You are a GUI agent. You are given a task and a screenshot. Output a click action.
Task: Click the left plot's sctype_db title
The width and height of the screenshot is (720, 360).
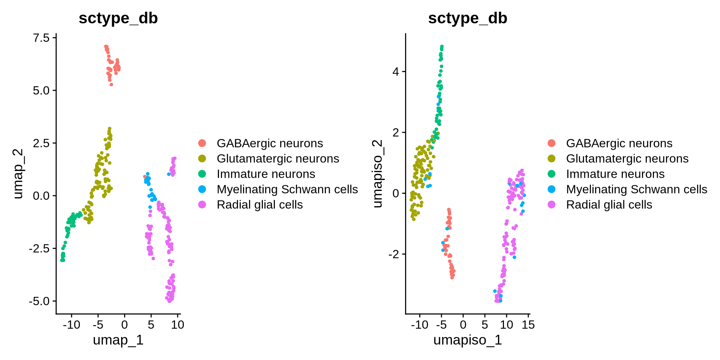(118, 18)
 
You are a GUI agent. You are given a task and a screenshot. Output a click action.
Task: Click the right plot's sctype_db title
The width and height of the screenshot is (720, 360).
(468, 18)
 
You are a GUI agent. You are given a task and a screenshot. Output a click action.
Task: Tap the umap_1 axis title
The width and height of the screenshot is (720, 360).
(118, 340)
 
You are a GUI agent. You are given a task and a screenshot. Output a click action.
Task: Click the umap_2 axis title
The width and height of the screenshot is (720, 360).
(18, 174)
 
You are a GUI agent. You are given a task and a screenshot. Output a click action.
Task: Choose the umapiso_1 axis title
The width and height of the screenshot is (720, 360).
(468, 340)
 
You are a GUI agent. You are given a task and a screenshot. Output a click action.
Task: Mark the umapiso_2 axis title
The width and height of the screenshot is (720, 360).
(377, 174)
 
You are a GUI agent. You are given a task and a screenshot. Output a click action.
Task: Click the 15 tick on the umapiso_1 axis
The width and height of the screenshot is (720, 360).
(528, 325)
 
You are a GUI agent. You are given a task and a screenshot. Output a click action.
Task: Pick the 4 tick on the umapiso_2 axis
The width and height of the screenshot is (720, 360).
(396, 72)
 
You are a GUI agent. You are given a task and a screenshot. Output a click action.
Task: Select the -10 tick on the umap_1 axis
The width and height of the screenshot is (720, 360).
(71, 325)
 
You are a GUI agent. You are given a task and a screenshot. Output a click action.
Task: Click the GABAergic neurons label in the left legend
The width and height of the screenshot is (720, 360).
(270, 143)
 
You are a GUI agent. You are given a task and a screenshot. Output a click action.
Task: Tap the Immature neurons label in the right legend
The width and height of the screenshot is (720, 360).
(615, 174)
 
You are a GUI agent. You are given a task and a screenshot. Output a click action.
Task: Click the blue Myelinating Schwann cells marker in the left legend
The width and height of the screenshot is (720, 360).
(202, 189)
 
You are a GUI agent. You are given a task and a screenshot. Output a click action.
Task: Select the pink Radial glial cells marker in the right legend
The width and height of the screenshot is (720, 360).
(552, 205)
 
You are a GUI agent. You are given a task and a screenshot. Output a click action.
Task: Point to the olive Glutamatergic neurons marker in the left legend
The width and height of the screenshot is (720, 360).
(202, 159)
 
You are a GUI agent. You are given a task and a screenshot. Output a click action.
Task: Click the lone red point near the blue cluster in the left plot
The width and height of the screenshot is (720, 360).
(145, 177)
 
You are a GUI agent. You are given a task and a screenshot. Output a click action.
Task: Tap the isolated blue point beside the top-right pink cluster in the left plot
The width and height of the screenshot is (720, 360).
(169, 174)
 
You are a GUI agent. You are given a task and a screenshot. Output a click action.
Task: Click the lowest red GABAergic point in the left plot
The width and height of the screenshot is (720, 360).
(111, 85)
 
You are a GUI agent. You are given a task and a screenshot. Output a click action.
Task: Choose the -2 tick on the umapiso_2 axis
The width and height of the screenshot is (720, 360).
(394, 254)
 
